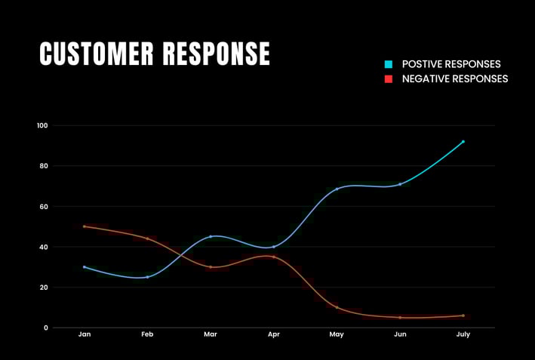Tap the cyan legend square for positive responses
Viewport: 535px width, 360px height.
click(x=389, y=64)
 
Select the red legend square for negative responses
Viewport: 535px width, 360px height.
click(x=389, y=78)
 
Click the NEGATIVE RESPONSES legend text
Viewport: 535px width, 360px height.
click(x=455, y=78)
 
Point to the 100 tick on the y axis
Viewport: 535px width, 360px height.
click(x=42, y=125)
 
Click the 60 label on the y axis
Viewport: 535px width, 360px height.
click(x=44, y=206)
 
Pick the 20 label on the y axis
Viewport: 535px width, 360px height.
click(x=44, y=288)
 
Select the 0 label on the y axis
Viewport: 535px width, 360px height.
click(x=46, y=328)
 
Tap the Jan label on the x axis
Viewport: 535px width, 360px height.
click(x=85, y=334)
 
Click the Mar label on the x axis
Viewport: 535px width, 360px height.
click(x=211, y=334)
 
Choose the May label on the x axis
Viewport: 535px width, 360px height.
click(x=337, y=334)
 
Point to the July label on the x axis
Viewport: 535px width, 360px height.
click(x=463, y=334)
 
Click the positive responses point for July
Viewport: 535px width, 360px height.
click(x=463, y=141)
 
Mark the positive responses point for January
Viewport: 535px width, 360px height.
click(x=85, y=267)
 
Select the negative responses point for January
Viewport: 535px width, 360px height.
click(x=85, y=226)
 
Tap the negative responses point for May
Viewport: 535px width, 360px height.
click(x=337, y=307)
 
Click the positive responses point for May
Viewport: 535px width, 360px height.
click(x=337, y=189)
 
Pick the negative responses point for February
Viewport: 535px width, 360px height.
click(x=147, y=238)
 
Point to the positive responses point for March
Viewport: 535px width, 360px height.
click(x=211, y=236)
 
